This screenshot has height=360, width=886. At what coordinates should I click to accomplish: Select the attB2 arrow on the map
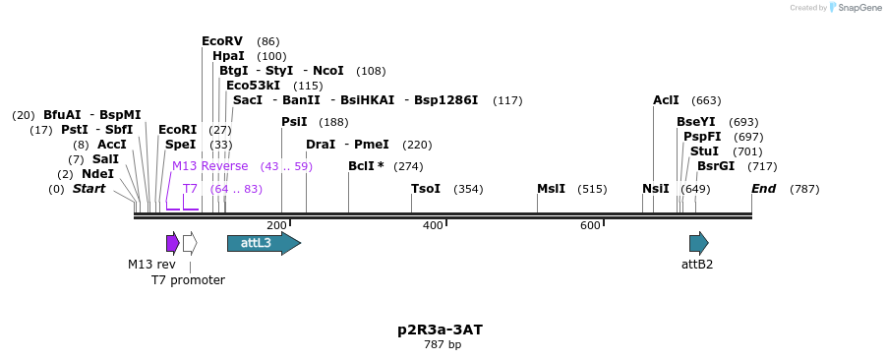tap(698, 243)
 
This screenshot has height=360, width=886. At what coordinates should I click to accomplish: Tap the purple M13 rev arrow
tap(172, 243)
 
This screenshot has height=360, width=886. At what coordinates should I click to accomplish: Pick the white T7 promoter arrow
tap(190, 243)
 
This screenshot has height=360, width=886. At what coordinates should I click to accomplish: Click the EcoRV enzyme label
tap(222, 41)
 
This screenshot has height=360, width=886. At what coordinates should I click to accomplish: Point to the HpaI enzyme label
tap(228, 56)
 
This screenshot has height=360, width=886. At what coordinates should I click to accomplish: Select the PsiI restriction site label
tap(294, 122)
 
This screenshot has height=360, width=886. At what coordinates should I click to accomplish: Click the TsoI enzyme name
tap(426, 189)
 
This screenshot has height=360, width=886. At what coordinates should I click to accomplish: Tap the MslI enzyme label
tap(551, 189)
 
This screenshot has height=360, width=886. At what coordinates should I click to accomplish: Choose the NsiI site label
tap(655, 189)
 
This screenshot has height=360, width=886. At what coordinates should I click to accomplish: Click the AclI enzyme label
tap(666, 100)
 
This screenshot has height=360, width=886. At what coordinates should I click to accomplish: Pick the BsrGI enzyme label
tap(716, 166)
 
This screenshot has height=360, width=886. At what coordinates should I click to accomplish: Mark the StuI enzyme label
tap(704, 151)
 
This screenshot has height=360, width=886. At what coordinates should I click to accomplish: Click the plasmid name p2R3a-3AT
tap(440, 330)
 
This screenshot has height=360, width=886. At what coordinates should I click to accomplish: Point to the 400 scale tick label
tap(433, 226)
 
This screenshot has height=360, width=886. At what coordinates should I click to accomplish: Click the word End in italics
tap(764, 189)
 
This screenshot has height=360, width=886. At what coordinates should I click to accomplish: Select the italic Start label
tap(89, 189)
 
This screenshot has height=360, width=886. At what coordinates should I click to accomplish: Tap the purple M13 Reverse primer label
tap(210, 166)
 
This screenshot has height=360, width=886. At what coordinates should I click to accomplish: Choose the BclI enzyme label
tap(366, 166)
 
